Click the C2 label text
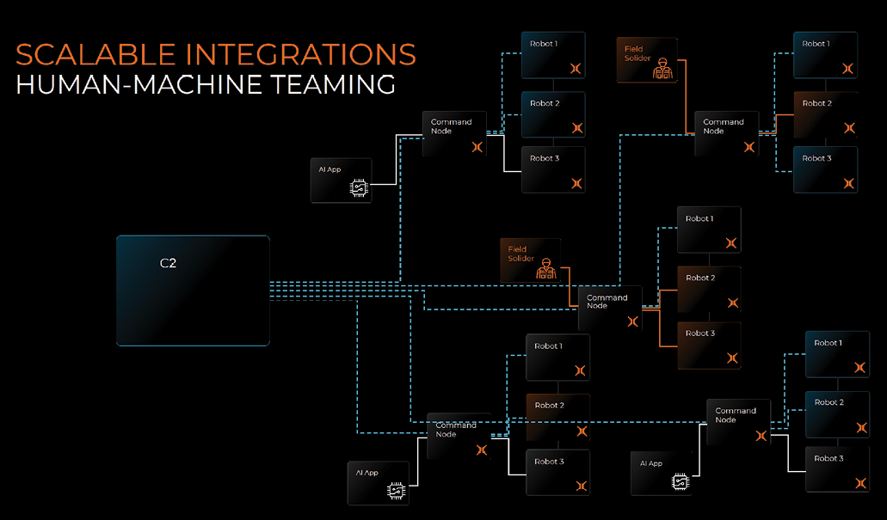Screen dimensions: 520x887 point(168,264)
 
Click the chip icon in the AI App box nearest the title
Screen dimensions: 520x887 point(358,189)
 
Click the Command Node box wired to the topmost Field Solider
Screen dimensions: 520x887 point(726,133)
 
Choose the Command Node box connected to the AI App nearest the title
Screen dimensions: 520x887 point(453,133)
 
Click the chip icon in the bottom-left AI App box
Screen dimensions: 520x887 point(396,491)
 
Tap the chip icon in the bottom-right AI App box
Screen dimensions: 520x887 point(680,482)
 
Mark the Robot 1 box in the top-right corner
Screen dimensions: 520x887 point(824,55)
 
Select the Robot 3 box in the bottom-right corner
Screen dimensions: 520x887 point(836,469)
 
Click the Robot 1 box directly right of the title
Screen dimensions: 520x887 point(552,55)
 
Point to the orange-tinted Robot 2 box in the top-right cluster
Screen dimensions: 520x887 point(824,114)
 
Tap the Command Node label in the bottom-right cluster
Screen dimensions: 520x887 point(736,415)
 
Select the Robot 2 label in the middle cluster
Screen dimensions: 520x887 point(700,278)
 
